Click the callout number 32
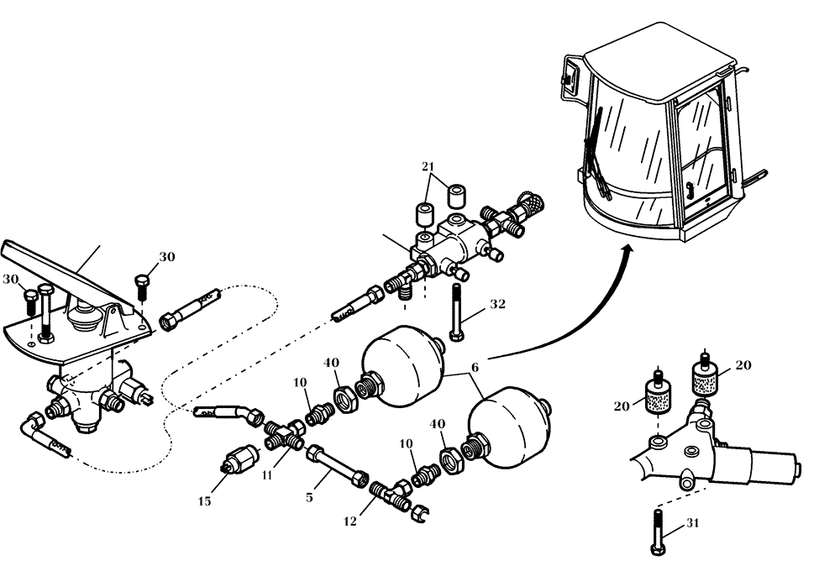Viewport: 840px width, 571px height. [497, 305]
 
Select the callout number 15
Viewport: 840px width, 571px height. [204, 501]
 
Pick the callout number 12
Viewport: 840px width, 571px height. [350, 521]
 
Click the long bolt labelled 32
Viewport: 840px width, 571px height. [456, 312]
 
